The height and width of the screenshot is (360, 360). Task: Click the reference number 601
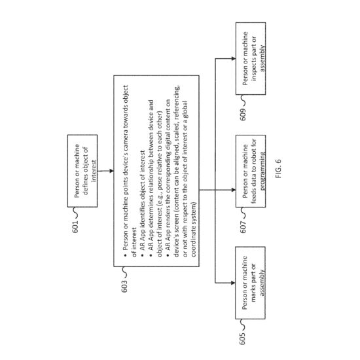click(x=75, y=226)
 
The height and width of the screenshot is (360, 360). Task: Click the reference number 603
click(x=124, y=286)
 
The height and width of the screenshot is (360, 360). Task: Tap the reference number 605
click(x=242, y=338)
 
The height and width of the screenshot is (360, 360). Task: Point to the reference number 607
click(x=243, y=227)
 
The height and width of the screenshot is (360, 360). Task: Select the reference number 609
click(x=243, y=114)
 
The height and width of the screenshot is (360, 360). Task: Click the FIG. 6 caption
click(x=278, y=169)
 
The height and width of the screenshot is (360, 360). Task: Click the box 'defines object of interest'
click(x=82, y=171)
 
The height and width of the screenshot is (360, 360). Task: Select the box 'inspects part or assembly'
click(x=251, y=58)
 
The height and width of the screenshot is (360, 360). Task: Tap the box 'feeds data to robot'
click(x=251, y=171)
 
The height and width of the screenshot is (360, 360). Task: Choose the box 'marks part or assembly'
click(x=251, y=283)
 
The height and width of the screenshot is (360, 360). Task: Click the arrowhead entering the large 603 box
click(x=111, y=171)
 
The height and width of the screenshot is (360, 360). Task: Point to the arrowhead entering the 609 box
click(x=234, y=58)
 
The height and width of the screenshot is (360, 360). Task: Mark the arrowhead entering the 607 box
click(x=234, y=190)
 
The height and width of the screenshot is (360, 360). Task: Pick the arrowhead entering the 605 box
click(x=233, y=283)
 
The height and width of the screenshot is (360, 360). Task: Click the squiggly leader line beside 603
click(x=124, y=272)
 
